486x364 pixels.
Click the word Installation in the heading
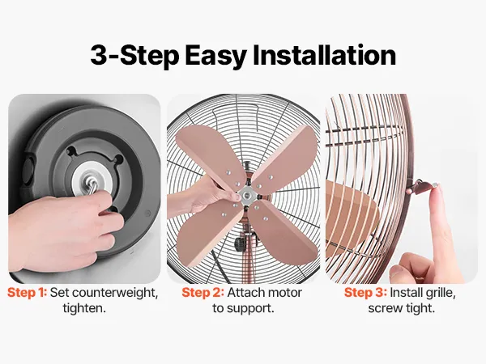(325, 55)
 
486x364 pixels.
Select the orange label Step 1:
(28, 293)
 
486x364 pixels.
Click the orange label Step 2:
(202, 293)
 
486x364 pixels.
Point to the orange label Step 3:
(365, 293)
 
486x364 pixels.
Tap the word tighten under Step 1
(84, 308)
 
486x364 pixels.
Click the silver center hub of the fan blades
(247, 195)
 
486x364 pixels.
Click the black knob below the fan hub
(240, 244)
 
